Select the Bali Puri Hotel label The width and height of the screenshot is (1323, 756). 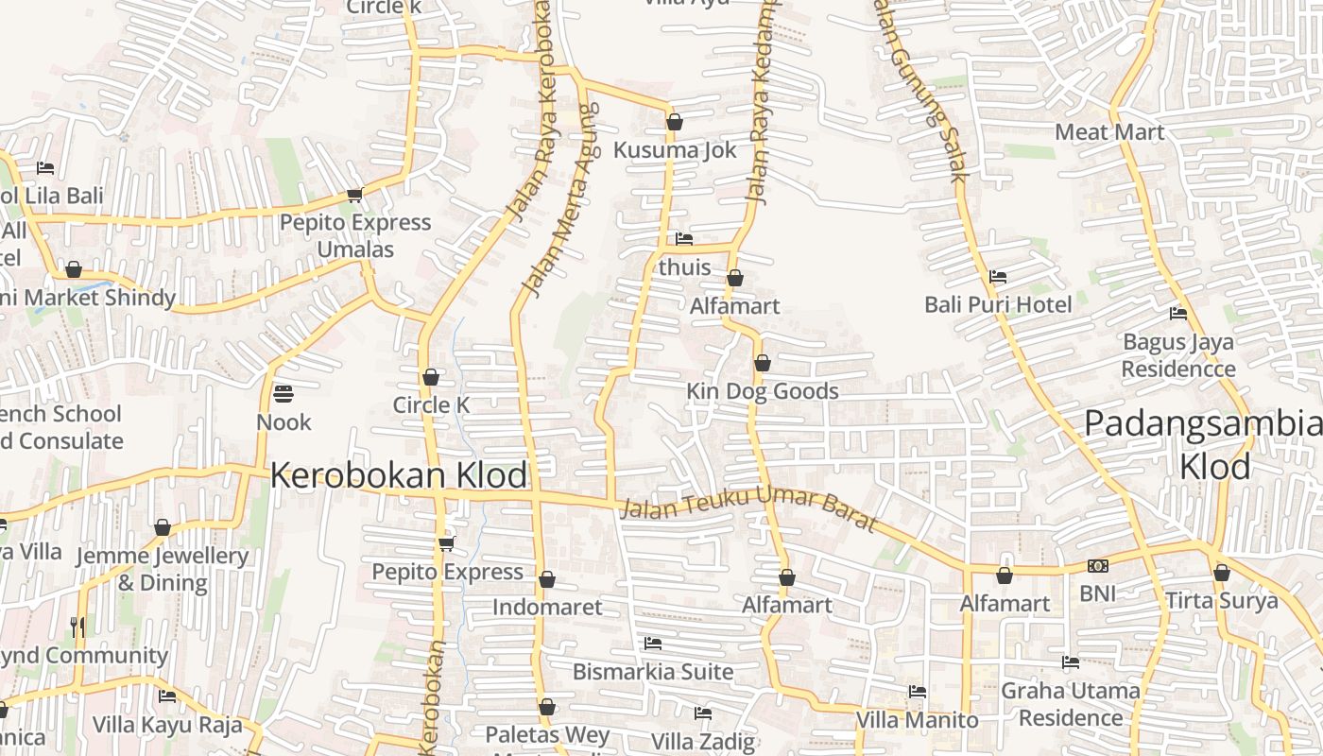(998, 304)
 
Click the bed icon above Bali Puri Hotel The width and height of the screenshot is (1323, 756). (997, 277)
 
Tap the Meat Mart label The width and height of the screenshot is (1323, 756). (1109, 131)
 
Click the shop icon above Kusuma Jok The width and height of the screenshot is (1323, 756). (675, 122)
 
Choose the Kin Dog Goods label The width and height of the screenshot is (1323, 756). (762, 391)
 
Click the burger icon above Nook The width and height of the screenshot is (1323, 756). (283, 393)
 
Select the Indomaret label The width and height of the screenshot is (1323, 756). (547, 607)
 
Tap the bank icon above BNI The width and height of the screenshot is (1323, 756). (1098, 566)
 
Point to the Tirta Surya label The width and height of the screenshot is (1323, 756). (1221, 601)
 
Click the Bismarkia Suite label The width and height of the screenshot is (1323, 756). (653, 672)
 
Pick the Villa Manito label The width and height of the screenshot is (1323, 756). (917, 720)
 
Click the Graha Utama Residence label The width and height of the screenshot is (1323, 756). (1071, 704)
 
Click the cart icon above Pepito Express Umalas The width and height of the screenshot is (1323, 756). (354, 196)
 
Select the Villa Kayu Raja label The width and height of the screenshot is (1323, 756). (167, 725)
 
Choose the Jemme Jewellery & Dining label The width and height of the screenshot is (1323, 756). (162, 569)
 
